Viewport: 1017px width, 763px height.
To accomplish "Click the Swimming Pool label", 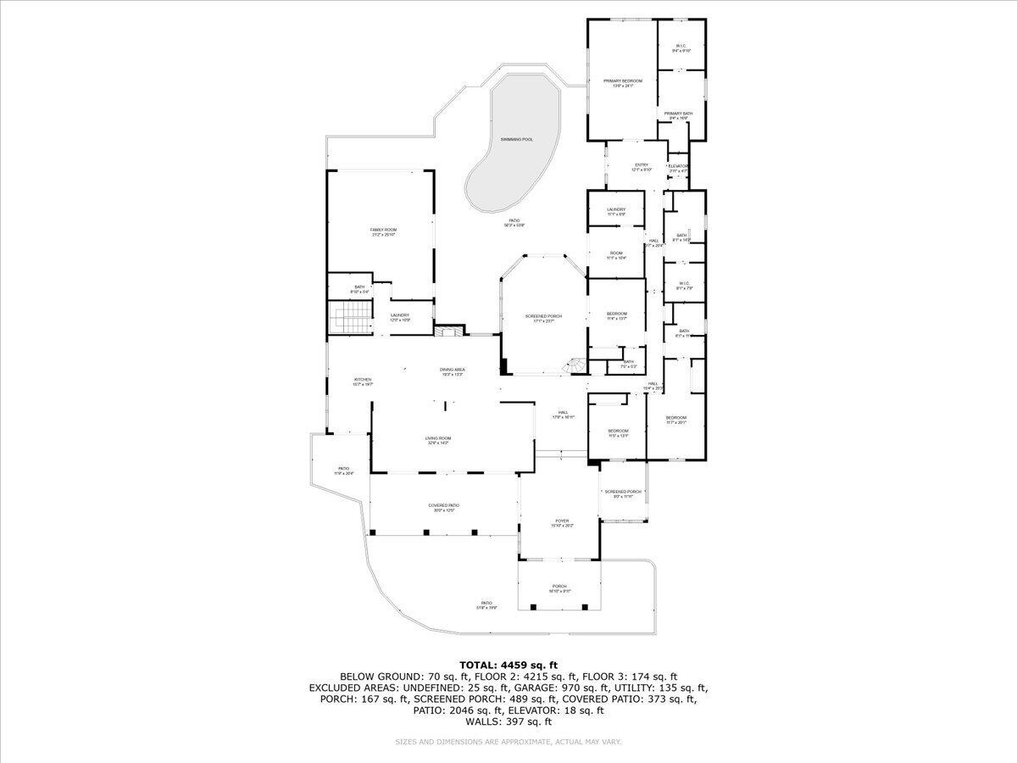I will coord(516,139).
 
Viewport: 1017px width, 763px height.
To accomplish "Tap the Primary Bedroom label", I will coord(623,82).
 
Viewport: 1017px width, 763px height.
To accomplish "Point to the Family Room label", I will coord(383,231).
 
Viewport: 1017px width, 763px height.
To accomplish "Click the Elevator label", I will coord(678,168).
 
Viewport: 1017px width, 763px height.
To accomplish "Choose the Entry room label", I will coord(642,167).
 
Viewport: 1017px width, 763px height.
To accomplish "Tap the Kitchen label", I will coord(363,381).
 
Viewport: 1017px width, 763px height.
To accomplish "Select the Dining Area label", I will coord(452,371).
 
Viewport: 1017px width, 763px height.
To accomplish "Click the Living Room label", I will coord(438,440).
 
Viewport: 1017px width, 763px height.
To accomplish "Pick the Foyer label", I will coord(562,523).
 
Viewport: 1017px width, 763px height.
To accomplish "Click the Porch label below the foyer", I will coord(559,588).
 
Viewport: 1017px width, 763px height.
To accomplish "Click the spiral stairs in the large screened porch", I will coord(575,365).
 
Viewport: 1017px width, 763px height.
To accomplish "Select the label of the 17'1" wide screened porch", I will coord(543,318).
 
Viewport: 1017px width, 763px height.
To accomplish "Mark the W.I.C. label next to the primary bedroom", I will coord(681,48).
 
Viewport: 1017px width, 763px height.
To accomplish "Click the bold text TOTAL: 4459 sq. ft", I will coord(508,665).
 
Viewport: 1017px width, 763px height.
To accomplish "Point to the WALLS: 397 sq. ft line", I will coord(508,721).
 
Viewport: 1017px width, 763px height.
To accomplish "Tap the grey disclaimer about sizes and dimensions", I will coord(508,742).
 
